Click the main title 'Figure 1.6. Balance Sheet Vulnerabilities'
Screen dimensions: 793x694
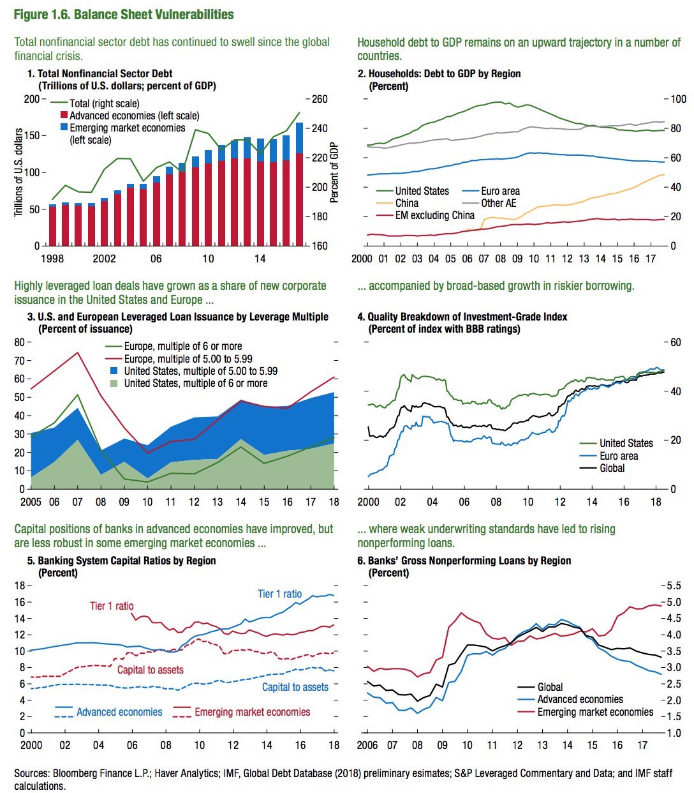[124, 14]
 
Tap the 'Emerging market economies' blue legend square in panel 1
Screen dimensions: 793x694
[64, 128]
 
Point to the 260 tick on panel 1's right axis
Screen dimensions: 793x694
[320, 99]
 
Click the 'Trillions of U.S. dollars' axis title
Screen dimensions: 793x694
[19, 172]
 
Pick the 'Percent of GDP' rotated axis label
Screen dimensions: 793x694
[334, 172]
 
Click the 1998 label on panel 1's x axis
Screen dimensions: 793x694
[52, 259]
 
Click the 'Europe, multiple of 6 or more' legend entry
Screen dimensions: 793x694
[182, 346]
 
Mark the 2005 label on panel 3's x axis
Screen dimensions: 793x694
[31, 502]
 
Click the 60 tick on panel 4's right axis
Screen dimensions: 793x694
[675, 342]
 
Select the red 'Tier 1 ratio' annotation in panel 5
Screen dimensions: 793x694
[112, 606]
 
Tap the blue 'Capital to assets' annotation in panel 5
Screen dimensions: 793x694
[295, 687]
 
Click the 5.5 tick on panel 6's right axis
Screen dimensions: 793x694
[674, 585]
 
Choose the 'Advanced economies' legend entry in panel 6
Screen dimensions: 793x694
[580, 699]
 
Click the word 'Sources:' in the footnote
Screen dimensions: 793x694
[32, 773]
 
